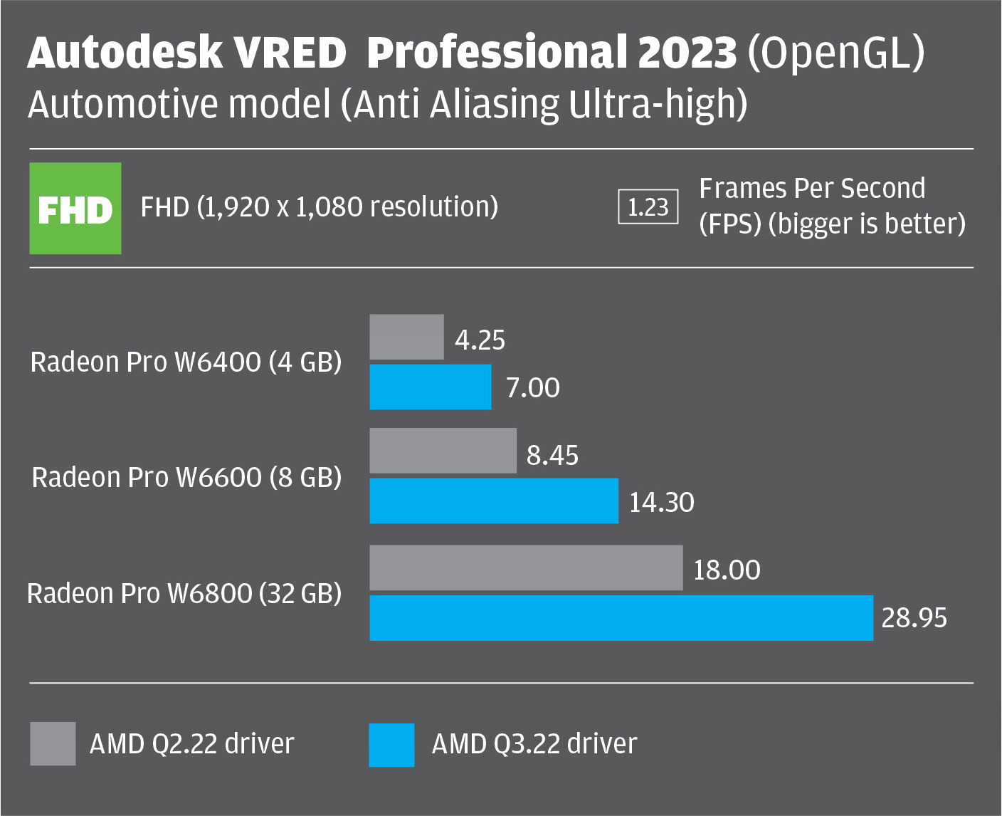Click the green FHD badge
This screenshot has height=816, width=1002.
[75, 209]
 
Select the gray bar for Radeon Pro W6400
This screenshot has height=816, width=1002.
[406, 337]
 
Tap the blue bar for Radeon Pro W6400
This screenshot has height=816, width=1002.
[431, 387]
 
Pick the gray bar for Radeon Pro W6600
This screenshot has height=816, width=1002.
[443, 451]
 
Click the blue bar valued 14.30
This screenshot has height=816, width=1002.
[494, 501]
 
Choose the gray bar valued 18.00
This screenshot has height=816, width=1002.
[526, 568]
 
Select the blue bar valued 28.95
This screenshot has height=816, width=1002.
[621, 618]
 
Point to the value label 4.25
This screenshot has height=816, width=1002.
[480, 340]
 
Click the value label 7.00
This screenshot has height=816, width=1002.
[532, 388]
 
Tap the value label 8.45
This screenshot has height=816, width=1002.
[552, 455]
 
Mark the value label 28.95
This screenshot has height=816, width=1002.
[914, 617]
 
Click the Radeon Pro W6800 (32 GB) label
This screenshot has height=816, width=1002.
[184, 593]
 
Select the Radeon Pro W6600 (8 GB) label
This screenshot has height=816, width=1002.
[186, 477]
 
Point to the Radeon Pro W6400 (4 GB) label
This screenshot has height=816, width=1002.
[186, 362]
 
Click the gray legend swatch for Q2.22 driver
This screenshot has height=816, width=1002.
[53, 744]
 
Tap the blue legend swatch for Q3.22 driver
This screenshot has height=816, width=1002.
[391, 745]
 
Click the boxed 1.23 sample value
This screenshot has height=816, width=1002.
[648, 207]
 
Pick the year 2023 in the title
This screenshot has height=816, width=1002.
[687, 53]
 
